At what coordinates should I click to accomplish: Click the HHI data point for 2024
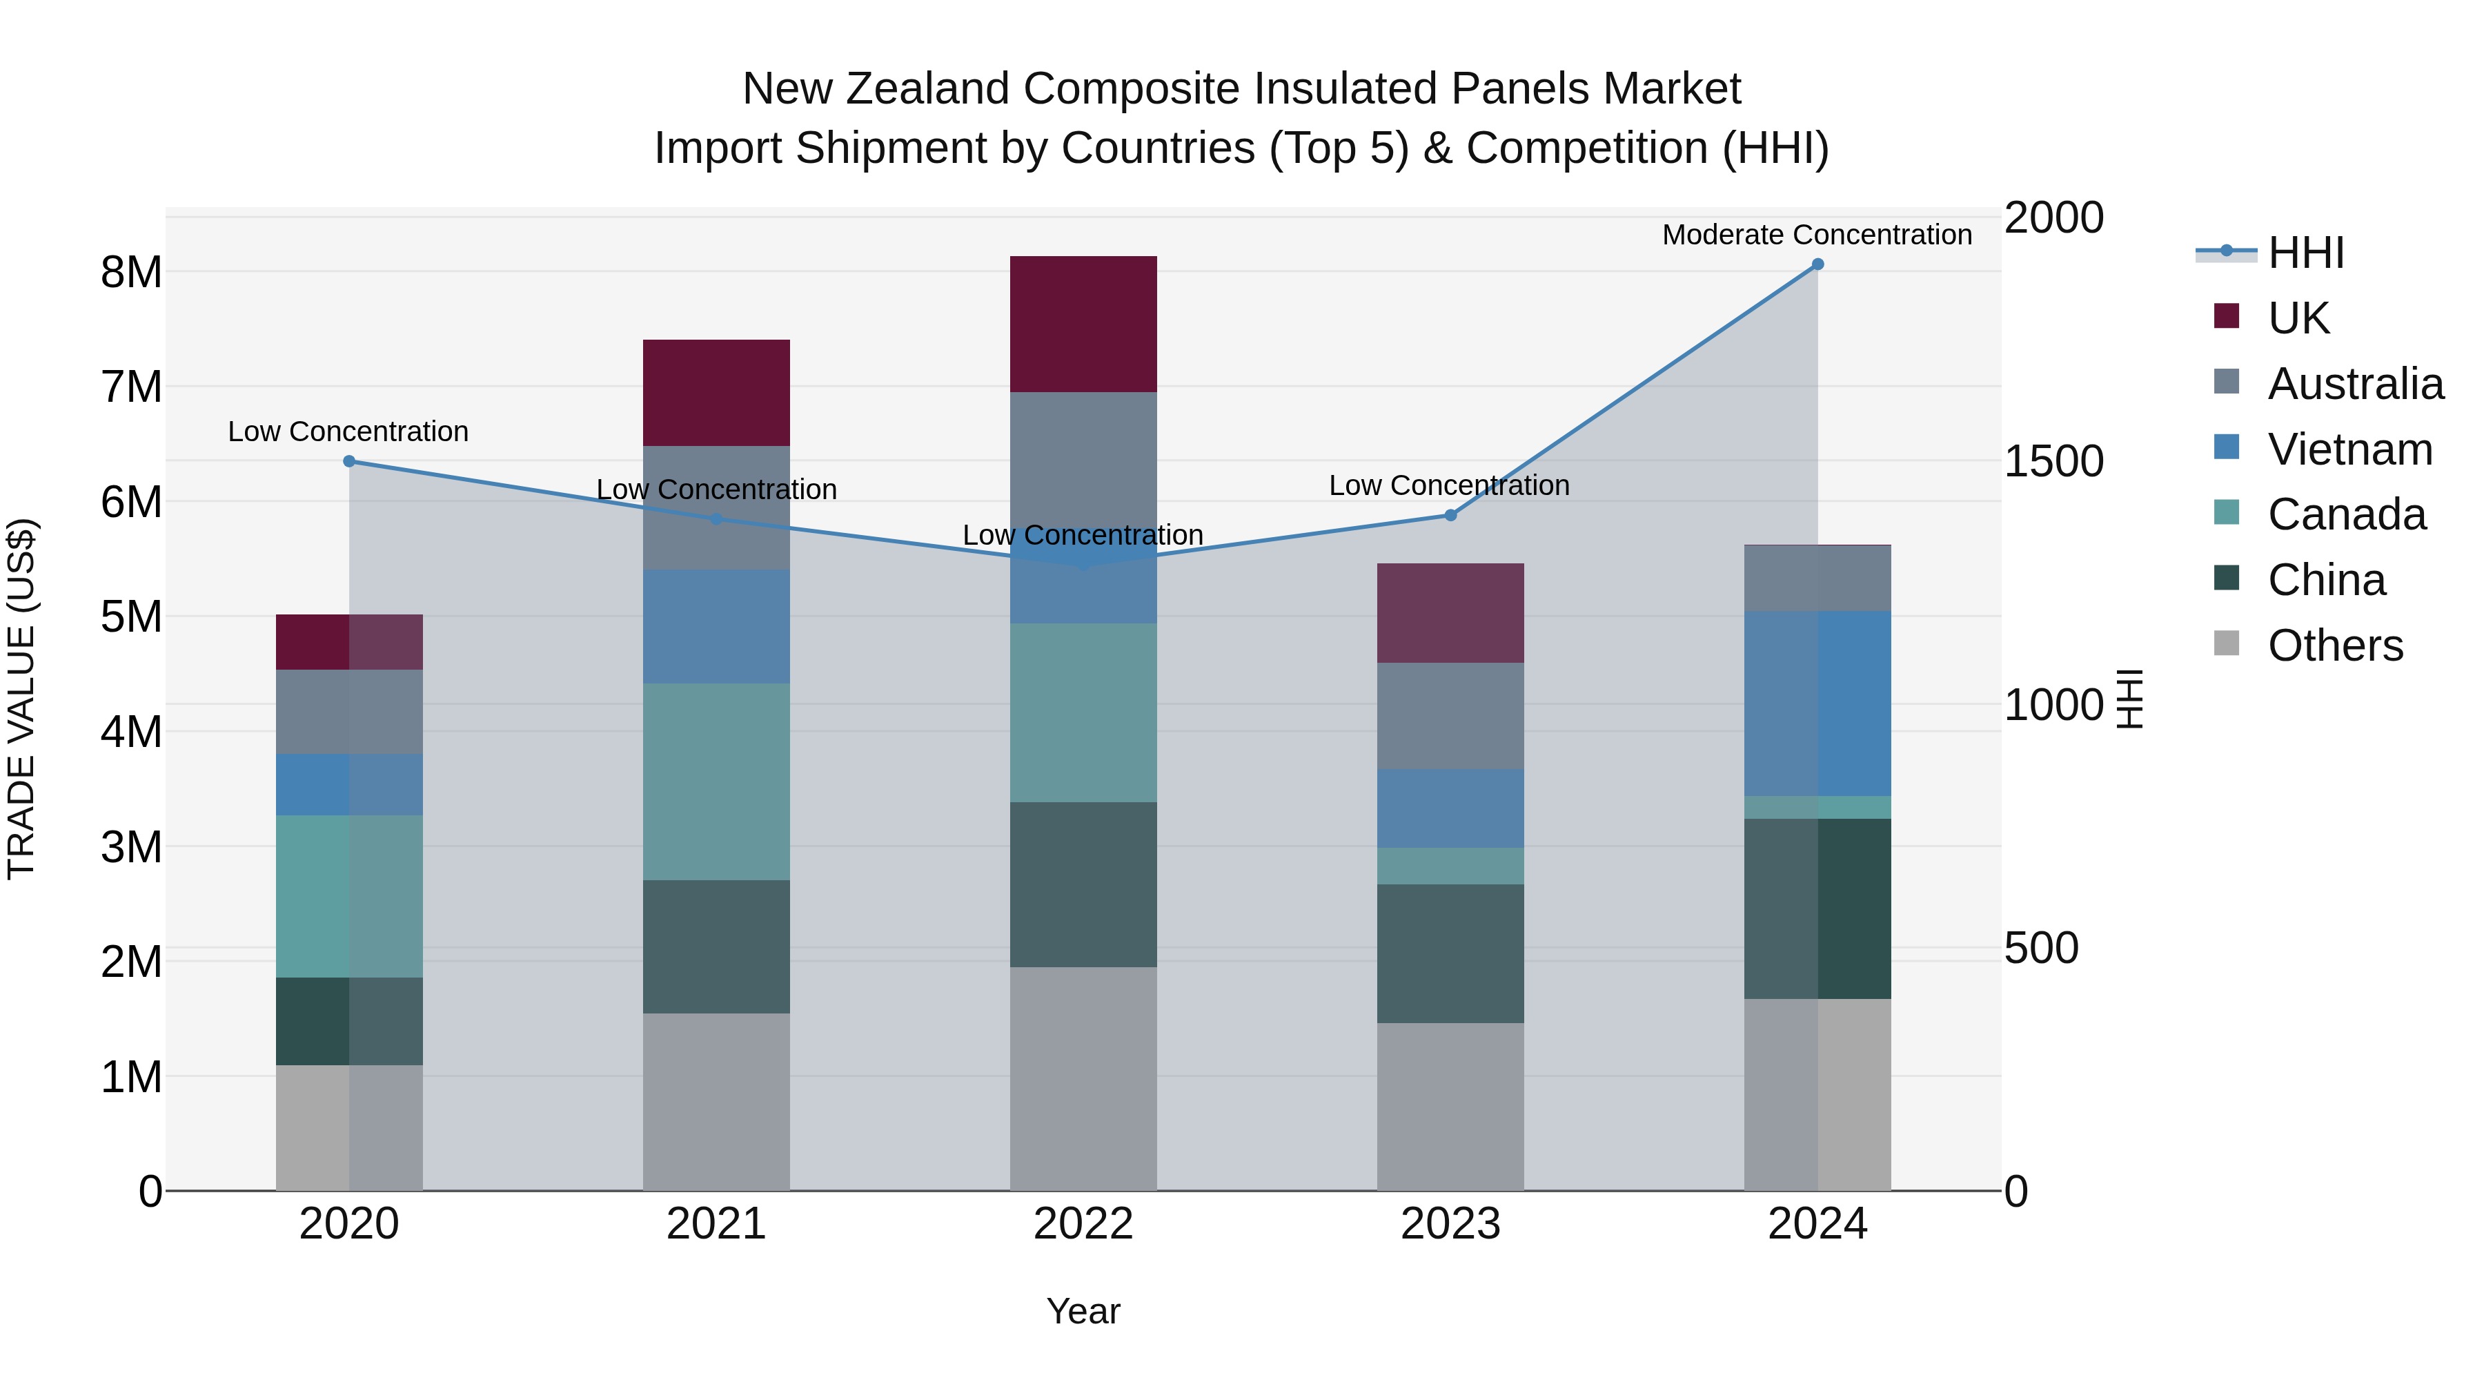point(1817,264)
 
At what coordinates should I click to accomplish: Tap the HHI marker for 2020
point(349,461)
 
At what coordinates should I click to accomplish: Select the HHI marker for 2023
point(1450,515)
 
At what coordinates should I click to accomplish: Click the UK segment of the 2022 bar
point(1083,324)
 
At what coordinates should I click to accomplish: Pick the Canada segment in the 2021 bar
point(716,781)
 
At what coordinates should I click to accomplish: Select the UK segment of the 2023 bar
point(1450,612)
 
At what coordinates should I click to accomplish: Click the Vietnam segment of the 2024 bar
point(1817,703)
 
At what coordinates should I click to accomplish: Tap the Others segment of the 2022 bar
point(1083,1078)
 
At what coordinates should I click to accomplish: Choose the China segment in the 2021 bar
point(716,946)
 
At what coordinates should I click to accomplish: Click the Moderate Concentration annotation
point(1817,235)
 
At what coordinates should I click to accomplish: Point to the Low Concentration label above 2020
point(348,431)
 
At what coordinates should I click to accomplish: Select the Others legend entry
point(2334,645)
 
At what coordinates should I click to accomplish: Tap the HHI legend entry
point(2305,253)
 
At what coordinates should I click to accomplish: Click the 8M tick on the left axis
point(131,272)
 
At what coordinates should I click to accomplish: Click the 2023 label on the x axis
point(1450,1223)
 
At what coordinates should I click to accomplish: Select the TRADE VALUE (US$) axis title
point(21,699)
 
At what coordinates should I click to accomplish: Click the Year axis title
point(1083,1311)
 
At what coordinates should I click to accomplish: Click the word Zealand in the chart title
point(934,89)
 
